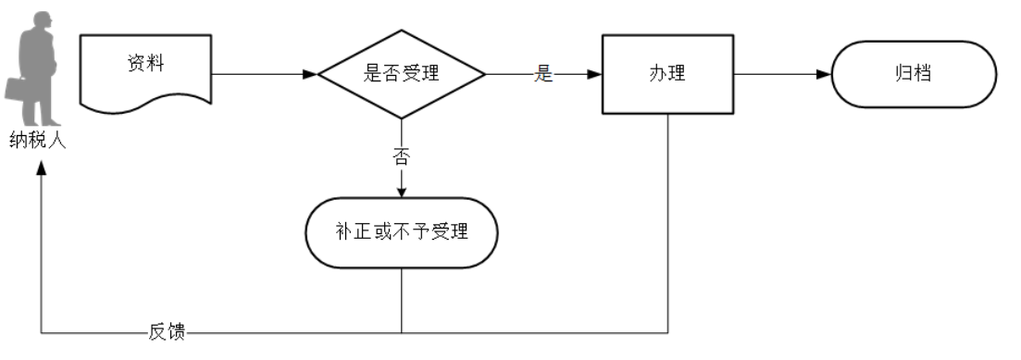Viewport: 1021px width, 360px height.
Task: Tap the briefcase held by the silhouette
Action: click(18, 89)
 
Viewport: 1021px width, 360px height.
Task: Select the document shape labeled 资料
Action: click(145, 67)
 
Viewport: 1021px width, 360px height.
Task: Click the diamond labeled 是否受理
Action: click(401, 74)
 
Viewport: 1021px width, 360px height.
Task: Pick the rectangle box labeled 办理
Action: click(666, 74)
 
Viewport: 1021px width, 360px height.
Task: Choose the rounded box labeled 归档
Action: click(914, 74)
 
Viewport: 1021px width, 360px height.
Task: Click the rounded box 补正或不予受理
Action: click(401, 232)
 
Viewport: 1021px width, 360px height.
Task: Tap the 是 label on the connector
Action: click(543, 75)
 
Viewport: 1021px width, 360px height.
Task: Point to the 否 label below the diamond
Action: click(401, 155)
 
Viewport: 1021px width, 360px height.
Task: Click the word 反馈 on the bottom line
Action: click(167, 332)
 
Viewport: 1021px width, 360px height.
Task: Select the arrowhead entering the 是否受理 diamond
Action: click(311, 74)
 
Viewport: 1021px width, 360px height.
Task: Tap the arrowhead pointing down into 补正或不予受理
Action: click(401, 192)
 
